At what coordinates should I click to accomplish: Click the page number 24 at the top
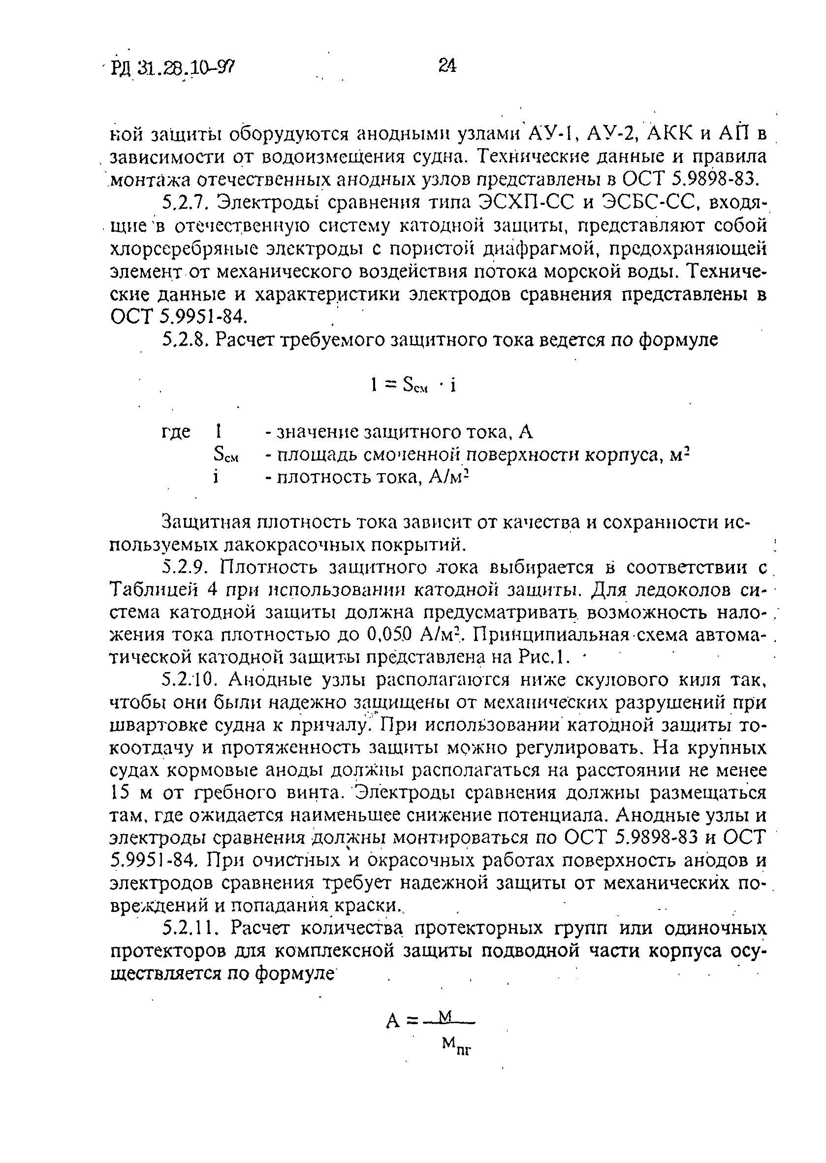click(446, 65)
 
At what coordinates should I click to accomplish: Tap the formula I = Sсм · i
click(413, 386)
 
